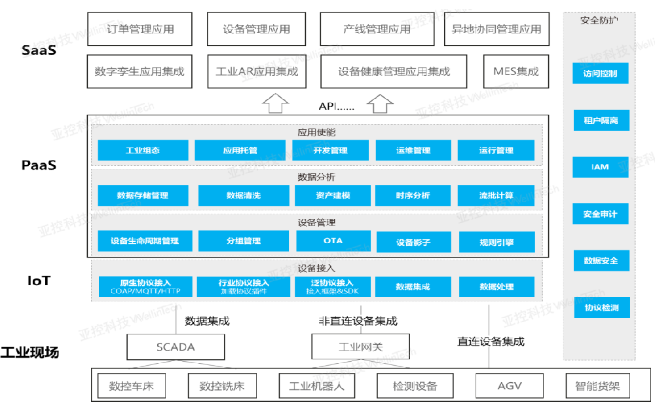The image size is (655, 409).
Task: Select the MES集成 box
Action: coord(516,71)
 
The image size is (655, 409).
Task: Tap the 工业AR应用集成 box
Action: coord(257,71)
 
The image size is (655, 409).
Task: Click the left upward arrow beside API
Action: coord(275,103)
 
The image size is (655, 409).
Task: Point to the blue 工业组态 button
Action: coord(143,151)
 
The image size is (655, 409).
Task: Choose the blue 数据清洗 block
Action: coord(244,195)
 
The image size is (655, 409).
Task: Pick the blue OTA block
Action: coord(333,241)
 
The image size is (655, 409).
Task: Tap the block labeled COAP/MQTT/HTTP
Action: coord(146,286)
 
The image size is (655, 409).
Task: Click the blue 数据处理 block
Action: coord(496,286)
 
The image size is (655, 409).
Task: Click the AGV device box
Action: coord(510,386)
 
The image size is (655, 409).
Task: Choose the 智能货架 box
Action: coord(597,386)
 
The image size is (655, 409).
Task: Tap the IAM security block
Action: coord(601,167)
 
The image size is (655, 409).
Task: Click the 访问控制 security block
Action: coord(601,73)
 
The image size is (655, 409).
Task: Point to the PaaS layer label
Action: coord(39,165)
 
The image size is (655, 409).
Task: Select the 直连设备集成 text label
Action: coord(491,341)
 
